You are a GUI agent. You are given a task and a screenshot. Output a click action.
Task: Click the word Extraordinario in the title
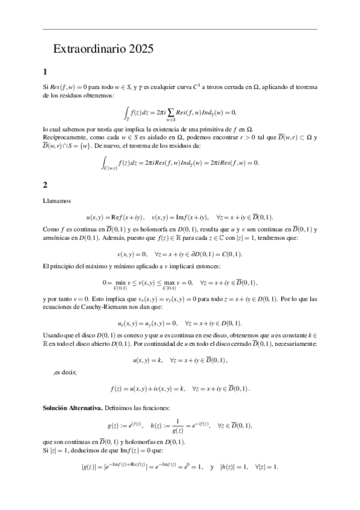[x=86, y=49]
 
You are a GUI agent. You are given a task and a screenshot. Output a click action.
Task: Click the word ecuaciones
[x=59, y=306]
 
